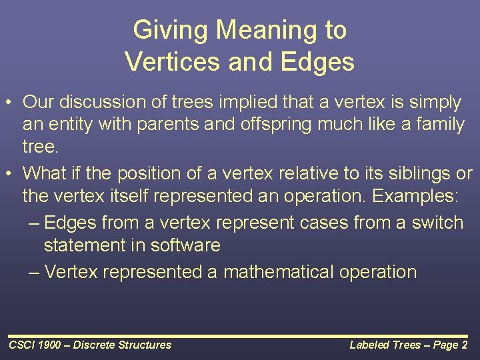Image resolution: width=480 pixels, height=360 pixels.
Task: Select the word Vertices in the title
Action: pyautogui.click(x=173, y=61)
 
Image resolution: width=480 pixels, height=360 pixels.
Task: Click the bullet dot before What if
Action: pyautogui.click(x=9, y=173)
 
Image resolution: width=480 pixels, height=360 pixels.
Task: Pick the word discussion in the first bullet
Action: pyautogui.click(x=102, y=101)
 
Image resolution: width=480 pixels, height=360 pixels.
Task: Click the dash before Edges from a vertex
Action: pyautogui.click(x=34, y=223)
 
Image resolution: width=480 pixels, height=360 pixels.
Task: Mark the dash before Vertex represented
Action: pyautogui.click(x=34, y=272)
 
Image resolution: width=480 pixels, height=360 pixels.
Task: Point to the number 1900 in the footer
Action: pyautogui.click(x=49, y=345)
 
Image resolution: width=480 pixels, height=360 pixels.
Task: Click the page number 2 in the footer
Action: pyautogui.click(x=465, y=345)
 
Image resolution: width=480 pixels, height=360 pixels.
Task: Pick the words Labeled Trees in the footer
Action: pyautogui.click(x=385, y=345)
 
